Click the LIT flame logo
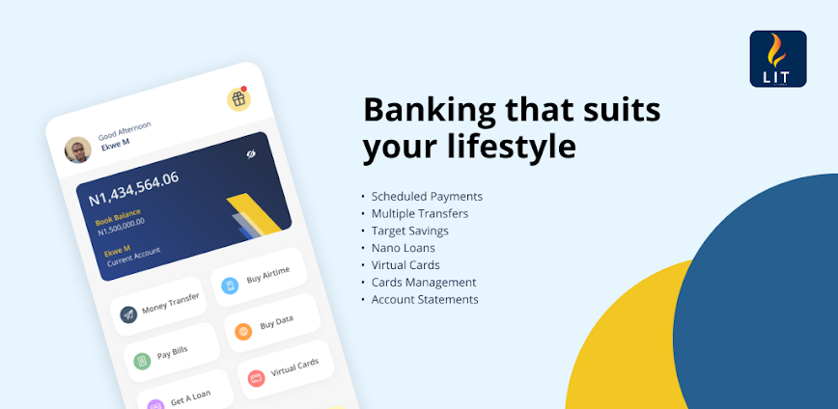pos(777,58)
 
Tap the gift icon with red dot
pos(237,98)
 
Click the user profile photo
pos(78,150)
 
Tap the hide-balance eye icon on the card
pos(249,154)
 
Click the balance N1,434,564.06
pos(133,189)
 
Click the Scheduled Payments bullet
pos(427,197)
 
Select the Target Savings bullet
pos(409,232)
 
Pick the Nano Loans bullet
pos(404,248)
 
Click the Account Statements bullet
pos(425,300)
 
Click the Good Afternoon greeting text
pos(125,131)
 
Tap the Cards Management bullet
pos(424,283)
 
